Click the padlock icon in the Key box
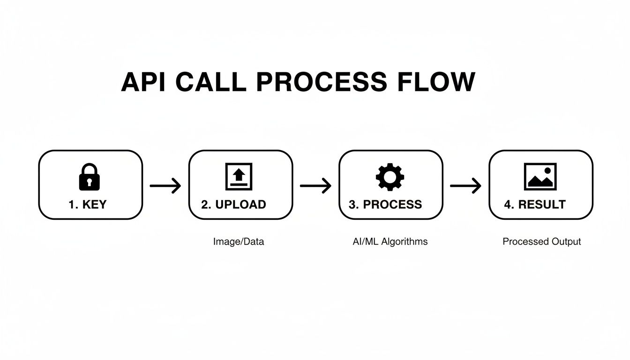point(90,176)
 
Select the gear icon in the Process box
point(390,176)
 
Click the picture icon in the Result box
point(540,176)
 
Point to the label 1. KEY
point(88,204)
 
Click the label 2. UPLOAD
point(234,204)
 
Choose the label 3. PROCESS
point(385,204)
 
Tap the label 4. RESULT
point(535,204)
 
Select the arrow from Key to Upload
point(165,186)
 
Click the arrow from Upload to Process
point(315,186)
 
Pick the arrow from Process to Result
point(465,186)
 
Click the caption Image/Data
point(239,242)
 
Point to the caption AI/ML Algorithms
point(390,241)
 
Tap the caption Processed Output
point(541,242)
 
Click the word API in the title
point(143,82)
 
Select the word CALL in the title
point(210,82)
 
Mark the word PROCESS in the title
point(322,82)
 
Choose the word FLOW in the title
point(436,82)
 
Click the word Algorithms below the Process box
point(405,241)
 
